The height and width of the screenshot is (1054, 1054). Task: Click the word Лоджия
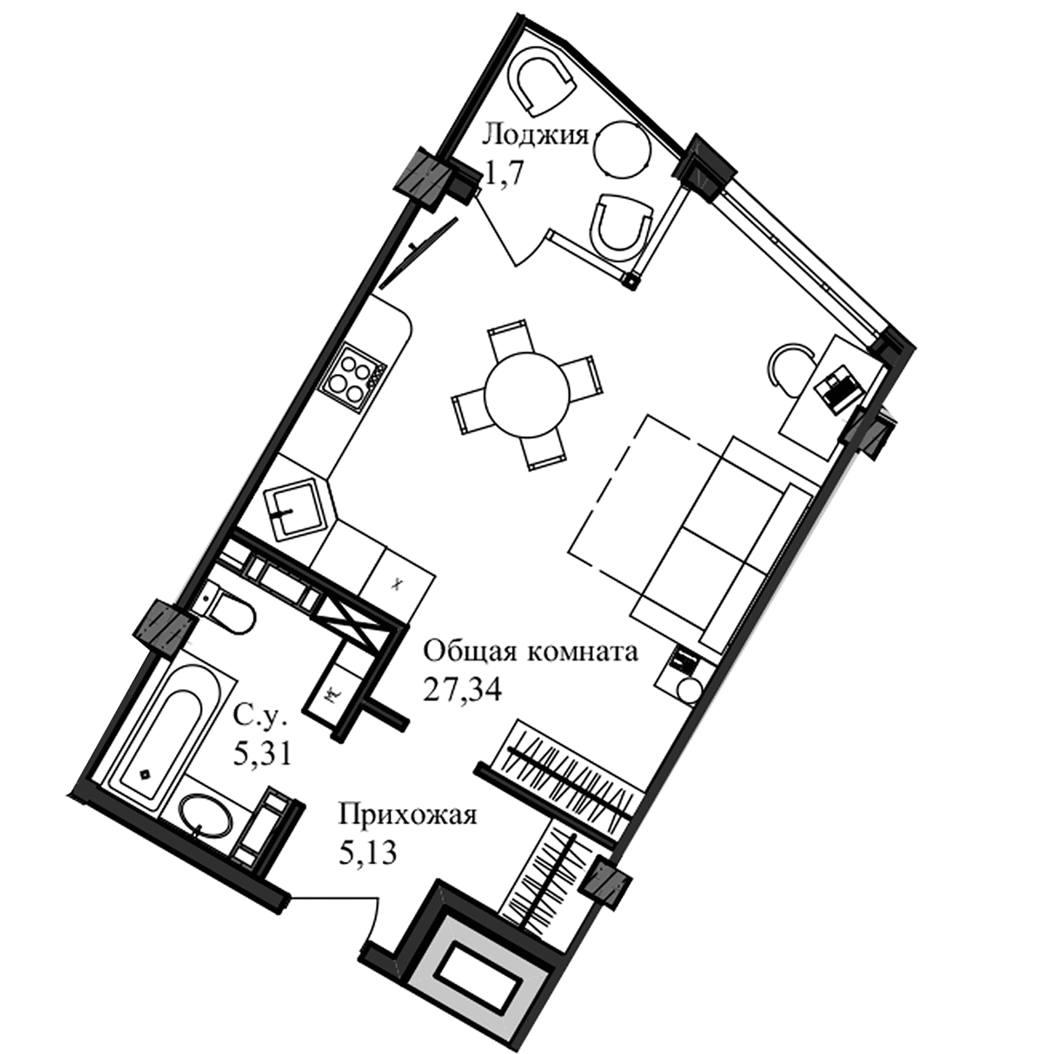[535, 136]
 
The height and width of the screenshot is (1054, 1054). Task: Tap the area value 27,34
[463, 691]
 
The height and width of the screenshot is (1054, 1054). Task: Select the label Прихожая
[408, 816]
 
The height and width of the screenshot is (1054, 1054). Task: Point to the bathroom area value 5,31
[262, 755]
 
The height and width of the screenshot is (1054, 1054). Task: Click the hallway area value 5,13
[368, 853]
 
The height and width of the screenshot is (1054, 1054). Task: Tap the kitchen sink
[296, 508]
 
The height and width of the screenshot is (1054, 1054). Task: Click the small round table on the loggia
[621, 149]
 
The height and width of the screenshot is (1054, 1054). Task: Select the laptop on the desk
[840, 389]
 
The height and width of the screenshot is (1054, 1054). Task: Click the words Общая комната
[530, 652]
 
